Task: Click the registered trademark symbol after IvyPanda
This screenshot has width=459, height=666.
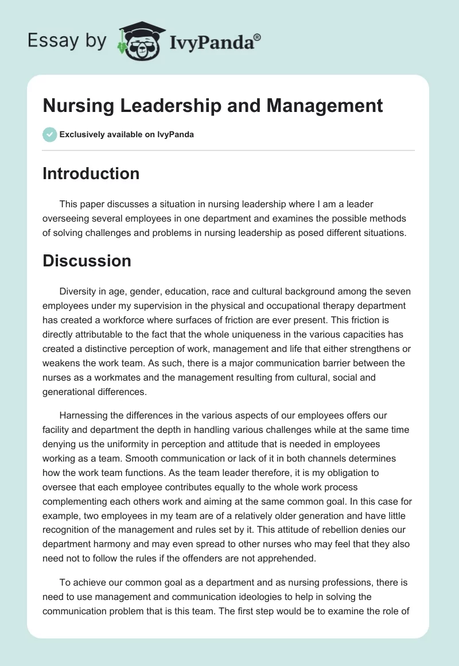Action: tap(257, 37)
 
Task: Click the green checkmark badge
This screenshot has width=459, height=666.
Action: tap(49, 134)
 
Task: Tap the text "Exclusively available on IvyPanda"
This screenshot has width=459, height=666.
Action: tap(127, 135)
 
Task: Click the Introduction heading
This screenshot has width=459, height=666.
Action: tap(91, 173)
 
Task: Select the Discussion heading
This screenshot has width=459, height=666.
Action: tap(87, 261)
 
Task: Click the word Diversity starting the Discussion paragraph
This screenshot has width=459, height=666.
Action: tap(79, 292)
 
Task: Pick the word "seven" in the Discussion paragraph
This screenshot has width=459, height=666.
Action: tap(398, 292)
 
